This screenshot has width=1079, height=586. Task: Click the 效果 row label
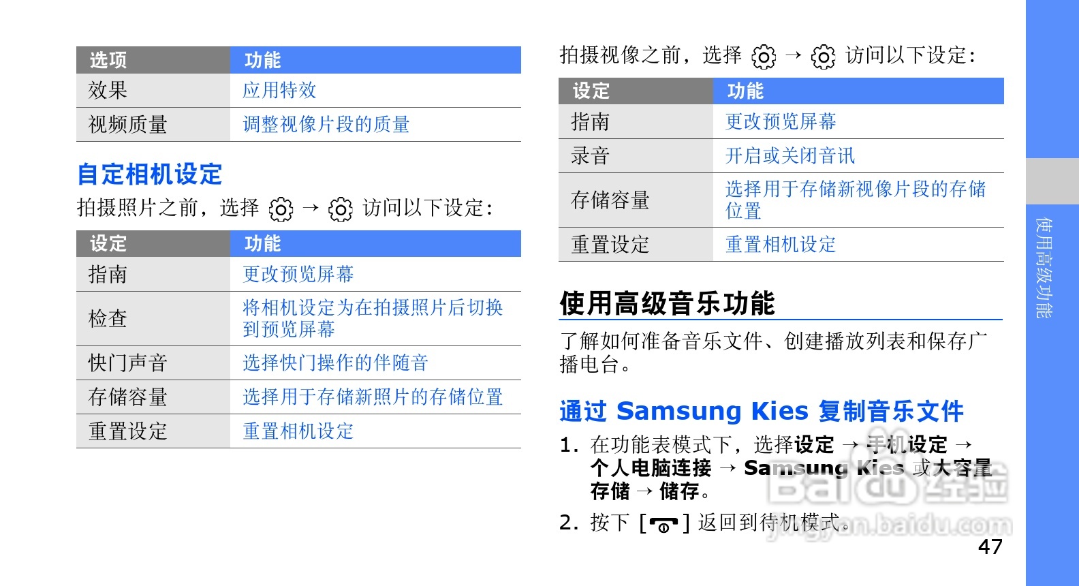pyautogui.click(x=108, y=91)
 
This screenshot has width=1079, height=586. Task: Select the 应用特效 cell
pyautogui.click(x=279, y=91)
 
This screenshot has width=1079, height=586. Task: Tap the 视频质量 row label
pyautogui.click(x=127, y=125)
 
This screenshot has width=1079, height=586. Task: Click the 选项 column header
pyautogui.click(x=108, y=60)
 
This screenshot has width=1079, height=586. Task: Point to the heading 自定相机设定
pyautogui.click(x=150, y=174)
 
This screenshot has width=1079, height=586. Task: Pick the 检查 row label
pyautogui.click(x=108, y=318)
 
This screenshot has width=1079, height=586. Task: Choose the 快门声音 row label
pyautogui.click(x=127, y=363)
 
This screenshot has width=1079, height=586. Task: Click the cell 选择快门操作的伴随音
pyautogui.click(x=335, y=363)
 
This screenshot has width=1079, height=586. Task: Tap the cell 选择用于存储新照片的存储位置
pyautogui.click(x=373, y=397)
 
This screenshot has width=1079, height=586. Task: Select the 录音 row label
pyautogui.click(x=590, y=156)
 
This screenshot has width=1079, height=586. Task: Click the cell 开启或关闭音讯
pyautogui.click(x=789, y=156)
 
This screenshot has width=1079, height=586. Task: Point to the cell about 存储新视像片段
pyautogui.click(x=855, y=200)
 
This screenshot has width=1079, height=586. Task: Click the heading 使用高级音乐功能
pyautogui.click(x=667, y=303)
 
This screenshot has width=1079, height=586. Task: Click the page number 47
pyautogui.click(x=990, y=546)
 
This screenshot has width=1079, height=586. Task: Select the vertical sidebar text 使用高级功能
pyautogui.click(x=1044, y=268)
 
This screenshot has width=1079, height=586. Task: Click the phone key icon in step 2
pyautogui.click(x=663, y=524)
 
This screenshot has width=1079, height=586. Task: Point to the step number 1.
pyautogui.click(x=567, y=445)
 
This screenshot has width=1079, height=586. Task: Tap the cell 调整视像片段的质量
pyautogui.click(x=326, y=125)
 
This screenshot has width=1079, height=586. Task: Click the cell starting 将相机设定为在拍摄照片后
pyautogui.click(x=373, y=318)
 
